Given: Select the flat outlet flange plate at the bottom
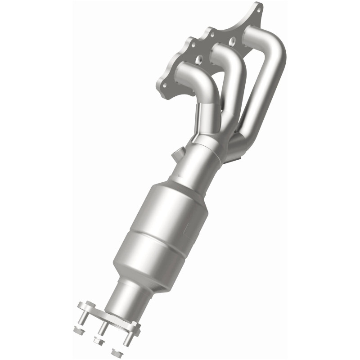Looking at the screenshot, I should point(108,315).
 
